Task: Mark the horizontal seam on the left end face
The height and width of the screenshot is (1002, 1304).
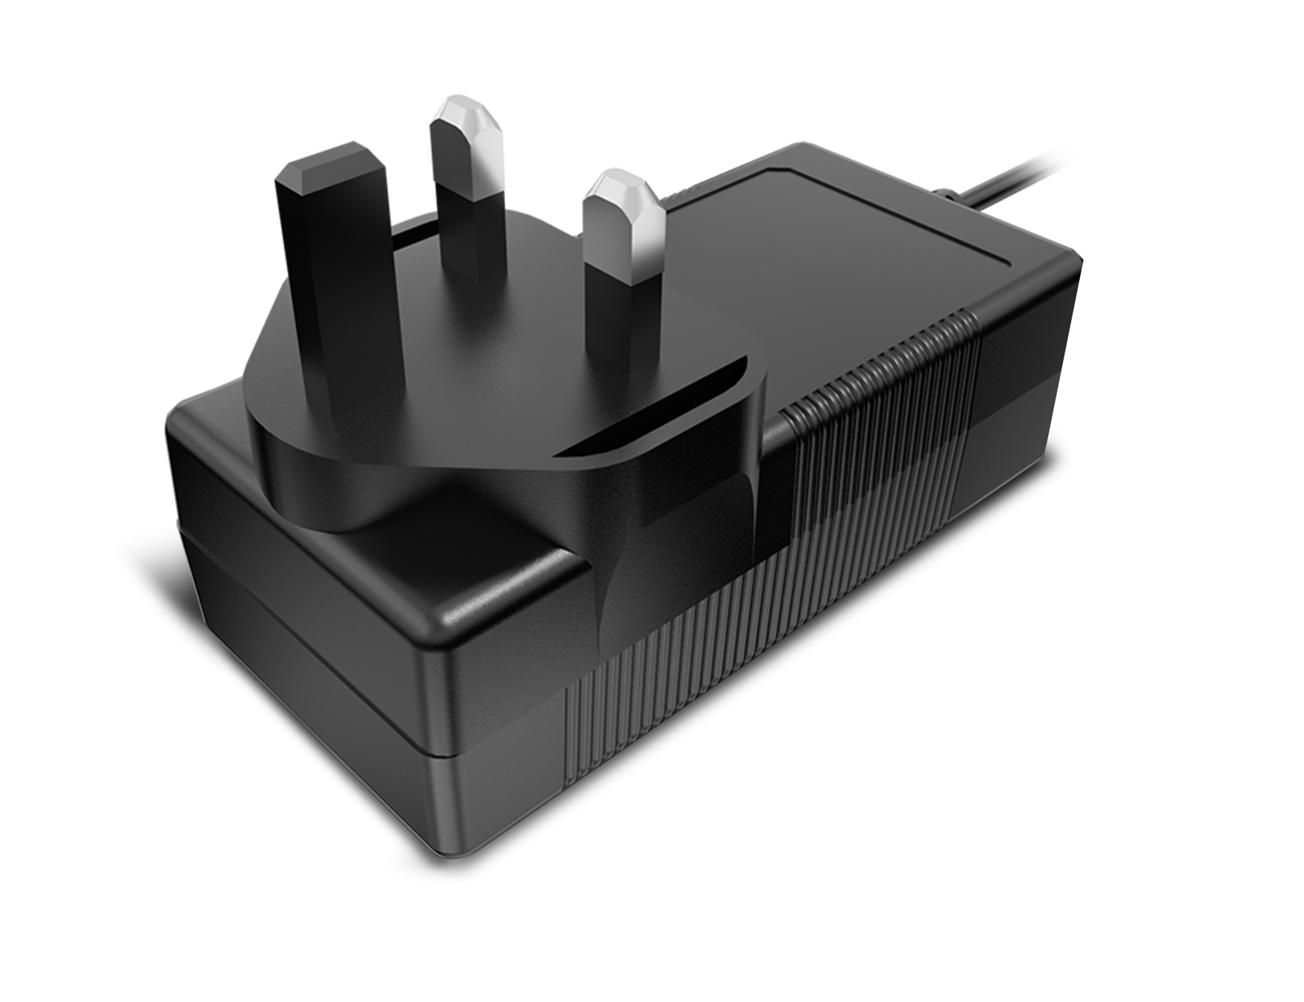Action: click(312, 594)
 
